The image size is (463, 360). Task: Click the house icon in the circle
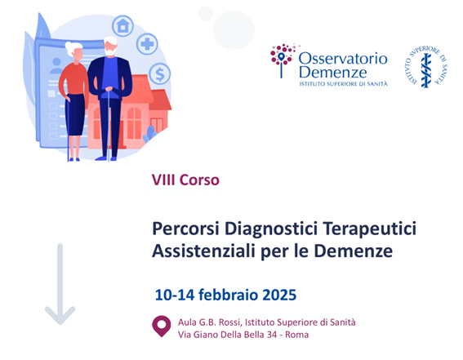point(122,25)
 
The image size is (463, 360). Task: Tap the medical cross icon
point(147,44)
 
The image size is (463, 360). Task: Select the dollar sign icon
point(160,74)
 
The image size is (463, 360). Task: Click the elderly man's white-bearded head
point(110,46)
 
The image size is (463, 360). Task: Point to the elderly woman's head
point(73,50)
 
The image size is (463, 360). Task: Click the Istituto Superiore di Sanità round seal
point(425,67)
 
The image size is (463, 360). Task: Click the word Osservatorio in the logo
point(343,59)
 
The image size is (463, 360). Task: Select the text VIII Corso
point(185,180)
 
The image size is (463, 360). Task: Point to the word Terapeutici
point(369,229)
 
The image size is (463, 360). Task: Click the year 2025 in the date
point(279,295)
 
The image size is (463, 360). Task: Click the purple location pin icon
point(161,326)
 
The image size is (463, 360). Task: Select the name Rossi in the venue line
point(230,322)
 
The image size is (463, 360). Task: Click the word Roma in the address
point(296,335)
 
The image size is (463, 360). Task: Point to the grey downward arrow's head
point(60,315)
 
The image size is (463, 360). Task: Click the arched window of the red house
point(134,122)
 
